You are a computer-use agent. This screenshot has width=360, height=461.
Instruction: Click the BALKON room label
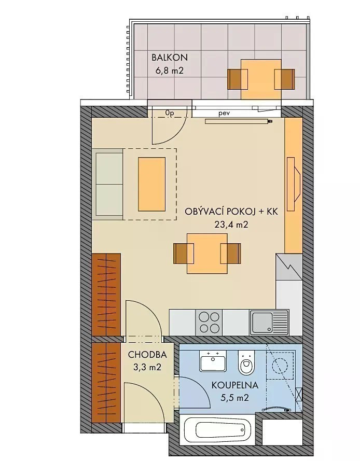click(170, 58)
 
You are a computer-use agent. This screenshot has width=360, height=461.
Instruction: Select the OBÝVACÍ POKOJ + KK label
click(231, 212)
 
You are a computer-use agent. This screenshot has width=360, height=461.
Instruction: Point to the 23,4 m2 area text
click(231, 225)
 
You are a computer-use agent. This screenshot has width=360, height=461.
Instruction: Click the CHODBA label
click(147, 355)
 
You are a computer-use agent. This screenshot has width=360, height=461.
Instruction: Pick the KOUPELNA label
click(234, 385)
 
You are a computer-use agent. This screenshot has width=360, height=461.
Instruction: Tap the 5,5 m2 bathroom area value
click(234, 398)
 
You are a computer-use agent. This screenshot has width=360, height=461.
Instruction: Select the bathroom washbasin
click(213, 361)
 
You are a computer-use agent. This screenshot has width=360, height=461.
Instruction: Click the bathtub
click(215, 431)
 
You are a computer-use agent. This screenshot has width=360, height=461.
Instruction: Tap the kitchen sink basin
click(261, 322)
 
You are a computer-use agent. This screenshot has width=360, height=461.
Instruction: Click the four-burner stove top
click(209, 322)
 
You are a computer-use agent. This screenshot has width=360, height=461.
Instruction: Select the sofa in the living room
click(108, 184)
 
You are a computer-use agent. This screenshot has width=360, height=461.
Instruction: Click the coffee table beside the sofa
click(151, 184)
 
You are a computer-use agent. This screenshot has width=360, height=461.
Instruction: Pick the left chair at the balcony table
click(238, 79)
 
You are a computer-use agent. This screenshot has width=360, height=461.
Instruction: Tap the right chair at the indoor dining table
click(231, 254)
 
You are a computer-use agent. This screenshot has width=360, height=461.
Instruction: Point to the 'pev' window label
click(224, 113)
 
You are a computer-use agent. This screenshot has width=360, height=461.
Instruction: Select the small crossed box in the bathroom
click(299, 394)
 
